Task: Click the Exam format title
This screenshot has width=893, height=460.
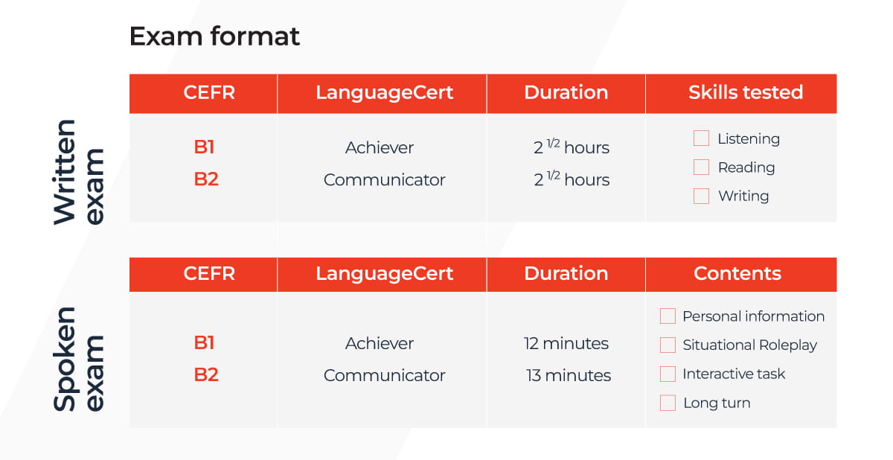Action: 214,36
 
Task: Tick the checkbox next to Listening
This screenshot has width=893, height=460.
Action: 701,138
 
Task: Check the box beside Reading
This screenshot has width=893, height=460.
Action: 701,167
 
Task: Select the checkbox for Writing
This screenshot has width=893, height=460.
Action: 701,196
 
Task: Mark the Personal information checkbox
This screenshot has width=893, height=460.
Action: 668,316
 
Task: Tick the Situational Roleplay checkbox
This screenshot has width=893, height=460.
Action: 668,345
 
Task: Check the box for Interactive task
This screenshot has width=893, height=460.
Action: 668,374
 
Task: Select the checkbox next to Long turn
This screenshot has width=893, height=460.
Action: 668,403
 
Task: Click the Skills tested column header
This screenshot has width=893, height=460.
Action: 746,92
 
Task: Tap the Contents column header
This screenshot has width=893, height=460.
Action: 737,273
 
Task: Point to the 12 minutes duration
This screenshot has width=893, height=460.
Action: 566,343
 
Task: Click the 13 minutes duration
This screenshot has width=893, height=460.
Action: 568,375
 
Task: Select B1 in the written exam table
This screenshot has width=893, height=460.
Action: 204,147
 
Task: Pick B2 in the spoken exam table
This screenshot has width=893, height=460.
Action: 206,375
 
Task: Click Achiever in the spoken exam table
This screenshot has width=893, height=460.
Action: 379,343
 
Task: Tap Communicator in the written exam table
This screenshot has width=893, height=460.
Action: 384,180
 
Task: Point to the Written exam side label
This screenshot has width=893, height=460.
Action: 79,172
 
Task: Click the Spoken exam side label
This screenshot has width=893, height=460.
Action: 79,360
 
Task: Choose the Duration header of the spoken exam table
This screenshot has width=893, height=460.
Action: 566,273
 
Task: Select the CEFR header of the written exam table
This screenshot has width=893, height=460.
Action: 209,92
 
